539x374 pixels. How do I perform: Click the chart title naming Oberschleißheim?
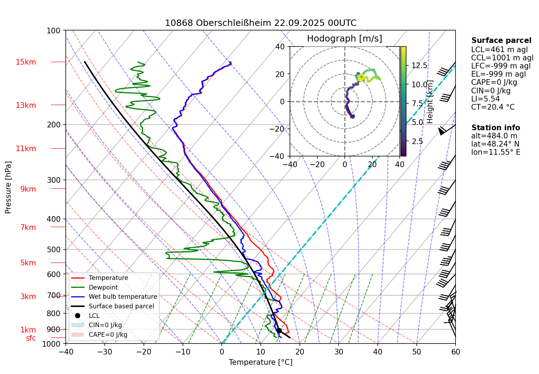(260, 23)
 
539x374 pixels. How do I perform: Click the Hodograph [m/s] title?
(344, 39)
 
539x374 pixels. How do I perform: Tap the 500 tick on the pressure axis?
(54, 249)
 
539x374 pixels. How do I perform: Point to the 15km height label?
(26, 62)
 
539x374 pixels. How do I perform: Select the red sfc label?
(31, 338)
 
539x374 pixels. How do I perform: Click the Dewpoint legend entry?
(103, 287)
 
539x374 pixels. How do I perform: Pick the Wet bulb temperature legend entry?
(123, 297)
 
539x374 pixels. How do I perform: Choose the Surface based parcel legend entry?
(121, 306)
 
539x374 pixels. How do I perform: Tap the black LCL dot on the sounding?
(279, 330)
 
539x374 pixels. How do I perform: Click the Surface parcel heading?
(501, 40)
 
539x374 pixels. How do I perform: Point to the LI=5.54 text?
(485, 99)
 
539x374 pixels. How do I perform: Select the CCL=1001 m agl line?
(502, 58)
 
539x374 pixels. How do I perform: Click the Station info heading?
(495, 128)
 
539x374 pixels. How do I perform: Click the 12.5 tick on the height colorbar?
(419, 66)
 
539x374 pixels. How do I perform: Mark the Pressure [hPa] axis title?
(8, 187)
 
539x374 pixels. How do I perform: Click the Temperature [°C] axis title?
(260, 362)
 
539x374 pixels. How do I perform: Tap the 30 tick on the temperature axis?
(339, 352)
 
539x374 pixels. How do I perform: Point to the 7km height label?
(28, 227)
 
